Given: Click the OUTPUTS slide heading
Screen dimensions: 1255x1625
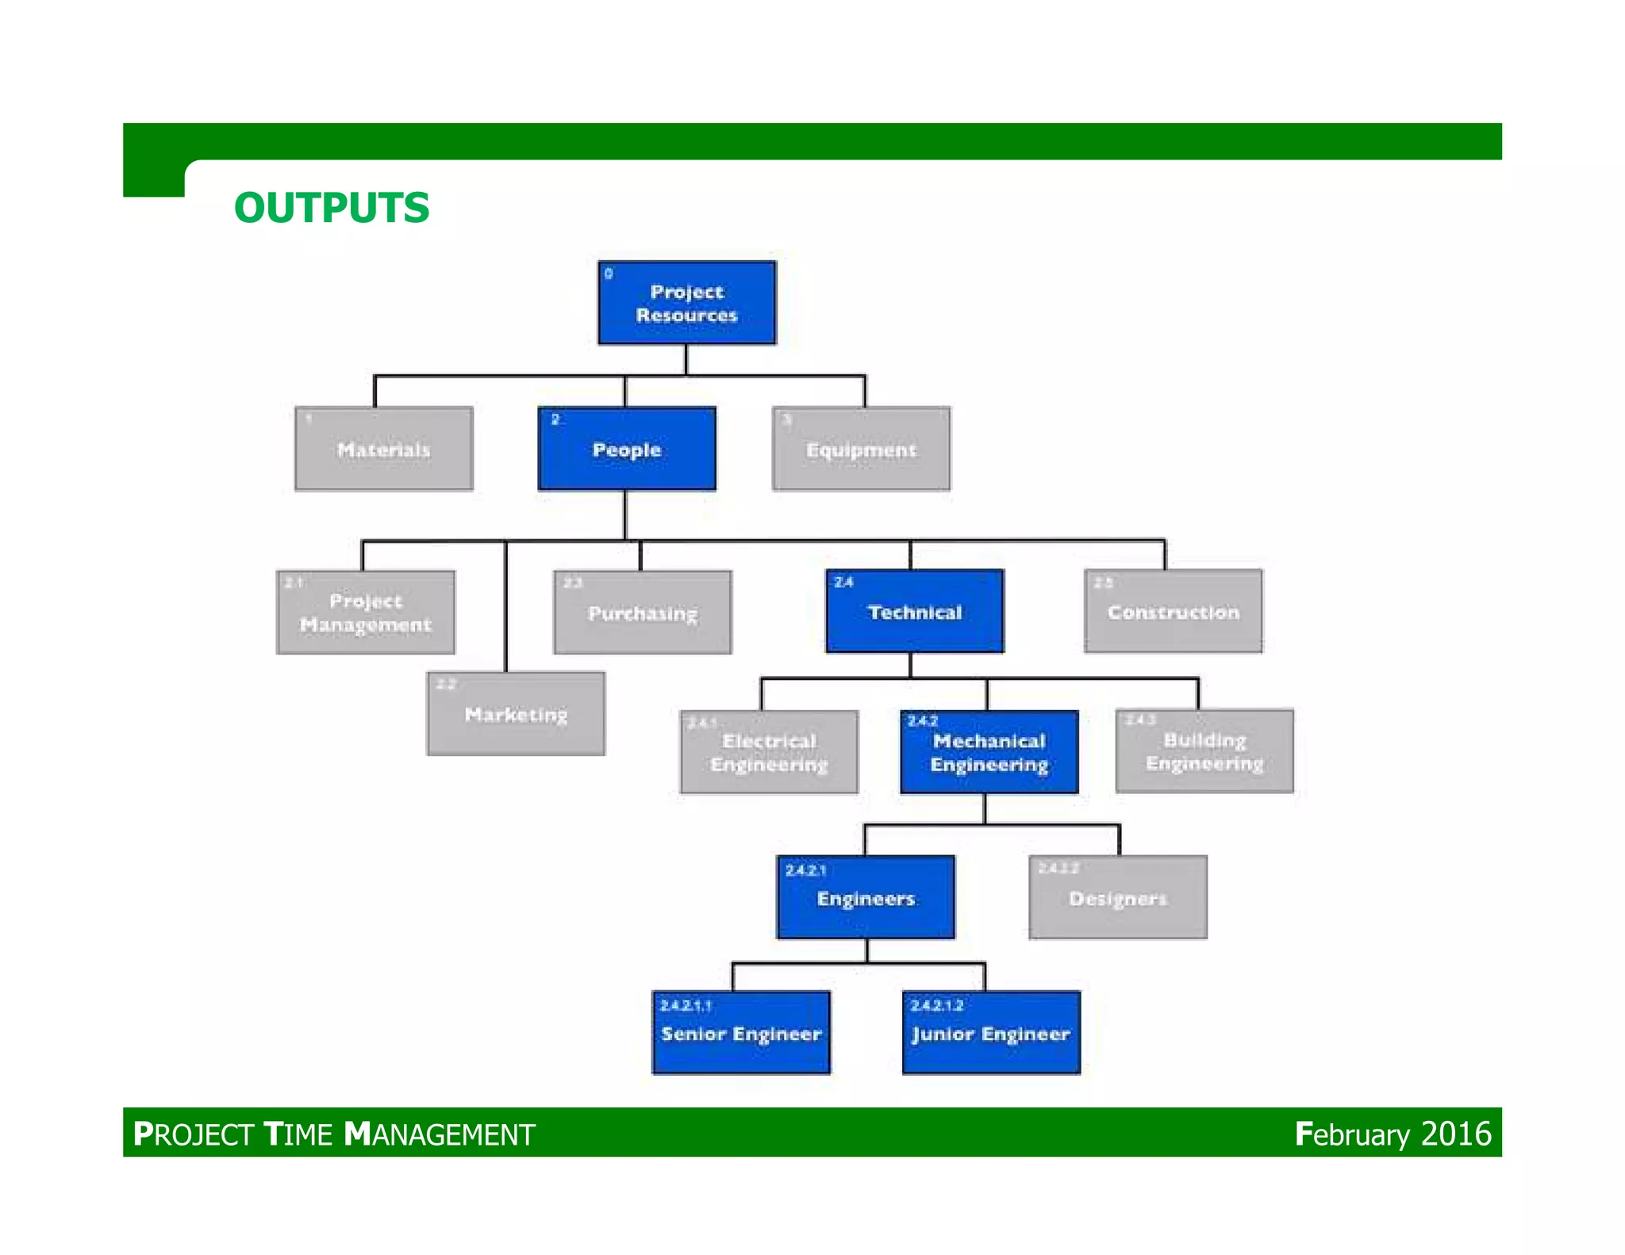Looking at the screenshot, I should click(332, 208).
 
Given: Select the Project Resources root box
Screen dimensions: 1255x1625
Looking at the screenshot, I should click(686, 303).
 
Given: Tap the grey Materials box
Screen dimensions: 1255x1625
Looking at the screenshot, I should click(384, 449).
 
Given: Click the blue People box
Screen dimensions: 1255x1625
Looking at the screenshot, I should click(627, 449).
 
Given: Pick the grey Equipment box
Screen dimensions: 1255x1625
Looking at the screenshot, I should click(861, 449).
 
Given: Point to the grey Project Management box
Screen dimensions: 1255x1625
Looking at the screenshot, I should click(366, 612).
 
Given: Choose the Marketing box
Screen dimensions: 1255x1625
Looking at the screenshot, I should click(516, 714).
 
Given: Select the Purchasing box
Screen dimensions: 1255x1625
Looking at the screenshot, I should click(643, 612).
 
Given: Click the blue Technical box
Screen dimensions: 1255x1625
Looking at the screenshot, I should click(915, 612).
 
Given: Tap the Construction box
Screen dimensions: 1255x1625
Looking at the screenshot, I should click(1174, 612).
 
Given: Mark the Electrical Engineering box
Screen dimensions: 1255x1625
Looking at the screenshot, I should click(769, 752).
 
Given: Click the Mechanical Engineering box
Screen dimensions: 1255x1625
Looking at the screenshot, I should click(989, 752).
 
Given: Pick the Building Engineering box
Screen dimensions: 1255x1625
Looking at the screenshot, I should click(1204, 751).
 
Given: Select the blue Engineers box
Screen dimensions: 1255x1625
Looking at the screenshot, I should click(866, 897).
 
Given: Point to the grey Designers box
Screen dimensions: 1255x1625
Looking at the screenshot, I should click(1118, 897).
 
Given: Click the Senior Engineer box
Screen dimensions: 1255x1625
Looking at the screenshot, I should click(741, 1033).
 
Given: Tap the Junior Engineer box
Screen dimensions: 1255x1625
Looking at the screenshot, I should click(991, 1033).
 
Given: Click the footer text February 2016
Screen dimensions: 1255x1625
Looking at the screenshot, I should click(1393, 1134).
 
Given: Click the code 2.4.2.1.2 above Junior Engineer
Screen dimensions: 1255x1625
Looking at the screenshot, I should click(937, 1005).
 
